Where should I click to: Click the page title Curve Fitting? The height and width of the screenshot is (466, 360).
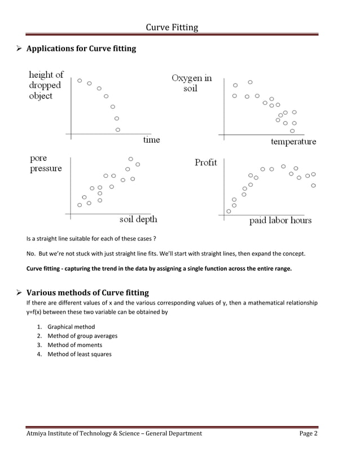(172, 27)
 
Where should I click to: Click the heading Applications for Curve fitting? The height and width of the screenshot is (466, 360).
(81, 49)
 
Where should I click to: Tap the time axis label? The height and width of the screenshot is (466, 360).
(151, 140)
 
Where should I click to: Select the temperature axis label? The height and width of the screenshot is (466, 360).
(293, 142)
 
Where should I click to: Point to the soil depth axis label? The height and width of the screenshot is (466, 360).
(138, 219)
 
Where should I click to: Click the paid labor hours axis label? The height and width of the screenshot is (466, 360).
(280, 221)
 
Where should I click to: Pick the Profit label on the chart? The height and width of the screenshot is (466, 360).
(205, 162)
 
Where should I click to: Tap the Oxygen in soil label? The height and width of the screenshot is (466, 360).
(192, 83)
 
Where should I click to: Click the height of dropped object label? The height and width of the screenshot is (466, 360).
(46, 85)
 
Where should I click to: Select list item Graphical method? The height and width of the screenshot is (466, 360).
(71, 327)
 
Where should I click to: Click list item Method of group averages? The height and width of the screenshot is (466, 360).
(82, 336)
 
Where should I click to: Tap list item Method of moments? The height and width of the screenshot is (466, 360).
(74, 345)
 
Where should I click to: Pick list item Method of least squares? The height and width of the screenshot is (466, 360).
(79, 354)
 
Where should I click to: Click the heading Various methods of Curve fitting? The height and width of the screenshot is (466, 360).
(87, 292)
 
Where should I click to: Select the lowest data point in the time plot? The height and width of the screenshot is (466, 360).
(118, 130)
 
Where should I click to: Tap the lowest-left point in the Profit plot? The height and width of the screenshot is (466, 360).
(229, 211)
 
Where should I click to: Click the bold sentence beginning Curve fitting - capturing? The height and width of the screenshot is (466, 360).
(159, 269)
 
